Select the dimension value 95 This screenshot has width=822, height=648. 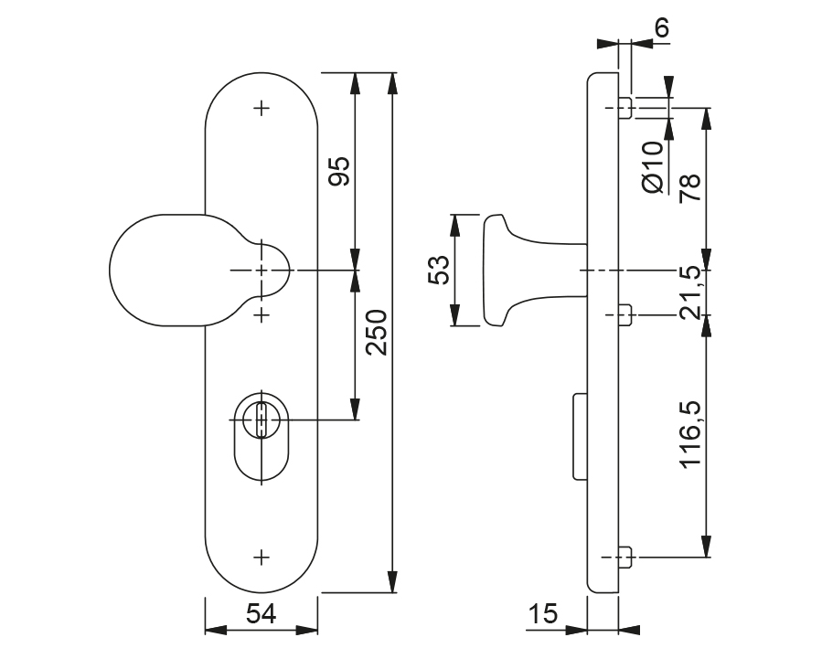(x=339, y=171)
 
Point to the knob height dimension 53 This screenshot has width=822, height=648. (x=439, y=271)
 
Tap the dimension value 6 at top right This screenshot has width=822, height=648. (x=662, y=27)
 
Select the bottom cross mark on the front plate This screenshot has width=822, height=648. (x=262, y=556)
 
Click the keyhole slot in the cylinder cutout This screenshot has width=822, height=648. (x=262, y=421)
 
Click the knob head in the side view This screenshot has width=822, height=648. (x=495, y=271)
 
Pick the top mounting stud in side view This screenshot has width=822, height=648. (x=625, y=108)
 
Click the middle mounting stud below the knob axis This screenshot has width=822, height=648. (x=625, y=315)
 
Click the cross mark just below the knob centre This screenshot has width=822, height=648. (x=262, y=314)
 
